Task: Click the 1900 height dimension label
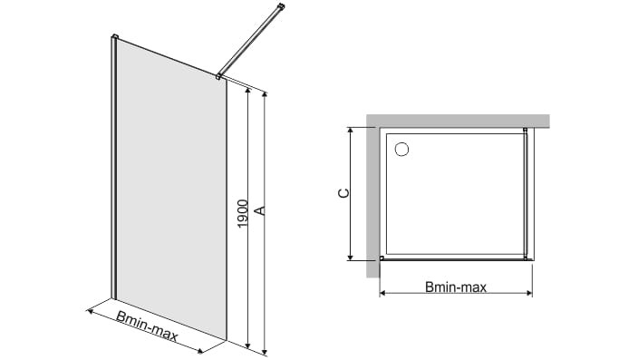(x=243, y=214)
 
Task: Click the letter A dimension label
(x=260, y=210)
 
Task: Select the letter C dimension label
(x=343, y=193)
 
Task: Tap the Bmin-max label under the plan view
(x=456, y=287)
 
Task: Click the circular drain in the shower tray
(x=401, y=149)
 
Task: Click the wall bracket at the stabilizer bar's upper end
(x=282, y=6)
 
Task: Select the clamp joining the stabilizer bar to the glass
(x=218, y=76)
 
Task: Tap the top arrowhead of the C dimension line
(x=351, y=130)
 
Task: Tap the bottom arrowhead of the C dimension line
(x=351, y=258)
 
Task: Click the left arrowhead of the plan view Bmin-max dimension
(x=382, y=293)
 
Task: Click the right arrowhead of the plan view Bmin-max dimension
(x=529, y=293)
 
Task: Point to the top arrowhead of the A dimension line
(x=265, y=94)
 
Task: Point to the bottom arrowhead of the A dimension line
(x=265, y=352)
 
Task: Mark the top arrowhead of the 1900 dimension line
(x=248, y=91)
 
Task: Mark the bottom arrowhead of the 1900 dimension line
(x=248, y=345)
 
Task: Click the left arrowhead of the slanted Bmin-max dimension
(x=90, y=310)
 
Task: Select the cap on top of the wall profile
(x=114, y=37)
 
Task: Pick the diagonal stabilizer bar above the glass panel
(x=250, y=41)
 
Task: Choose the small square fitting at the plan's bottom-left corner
(x=382, y=258)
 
